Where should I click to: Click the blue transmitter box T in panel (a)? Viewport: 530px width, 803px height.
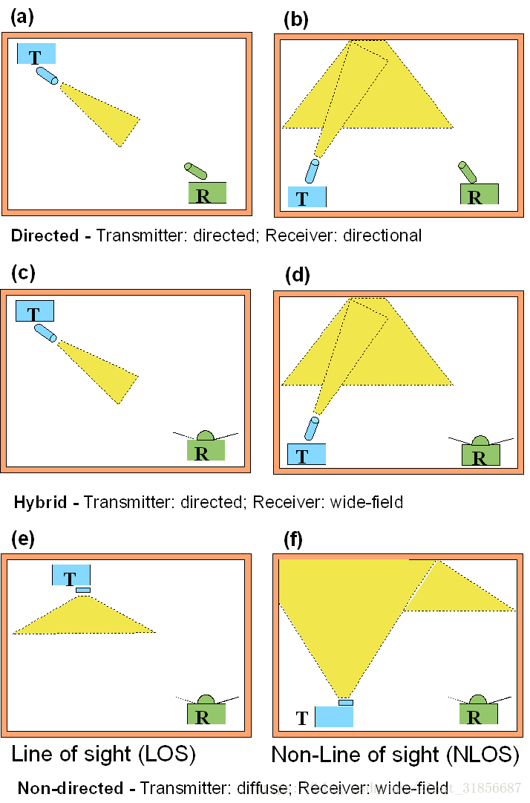click(36, 54)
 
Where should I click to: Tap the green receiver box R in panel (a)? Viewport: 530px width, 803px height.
click(207, 194)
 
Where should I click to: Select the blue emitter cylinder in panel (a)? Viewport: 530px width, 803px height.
click(47, 77)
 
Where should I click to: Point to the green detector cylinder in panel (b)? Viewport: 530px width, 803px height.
click(467, 172)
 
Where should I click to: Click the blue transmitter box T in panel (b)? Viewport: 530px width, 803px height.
click(307, 197)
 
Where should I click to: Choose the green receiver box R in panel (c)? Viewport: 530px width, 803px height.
click(206, 450)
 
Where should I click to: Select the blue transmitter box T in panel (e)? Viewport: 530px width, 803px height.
click(71, 575)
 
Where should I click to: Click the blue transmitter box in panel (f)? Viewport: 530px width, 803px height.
click(334, 717)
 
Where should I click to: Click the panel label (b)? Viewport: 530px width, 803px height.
click(296, 20)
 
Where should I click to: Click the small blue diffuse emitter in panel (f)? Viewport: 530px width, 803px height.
click(346, 702)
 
